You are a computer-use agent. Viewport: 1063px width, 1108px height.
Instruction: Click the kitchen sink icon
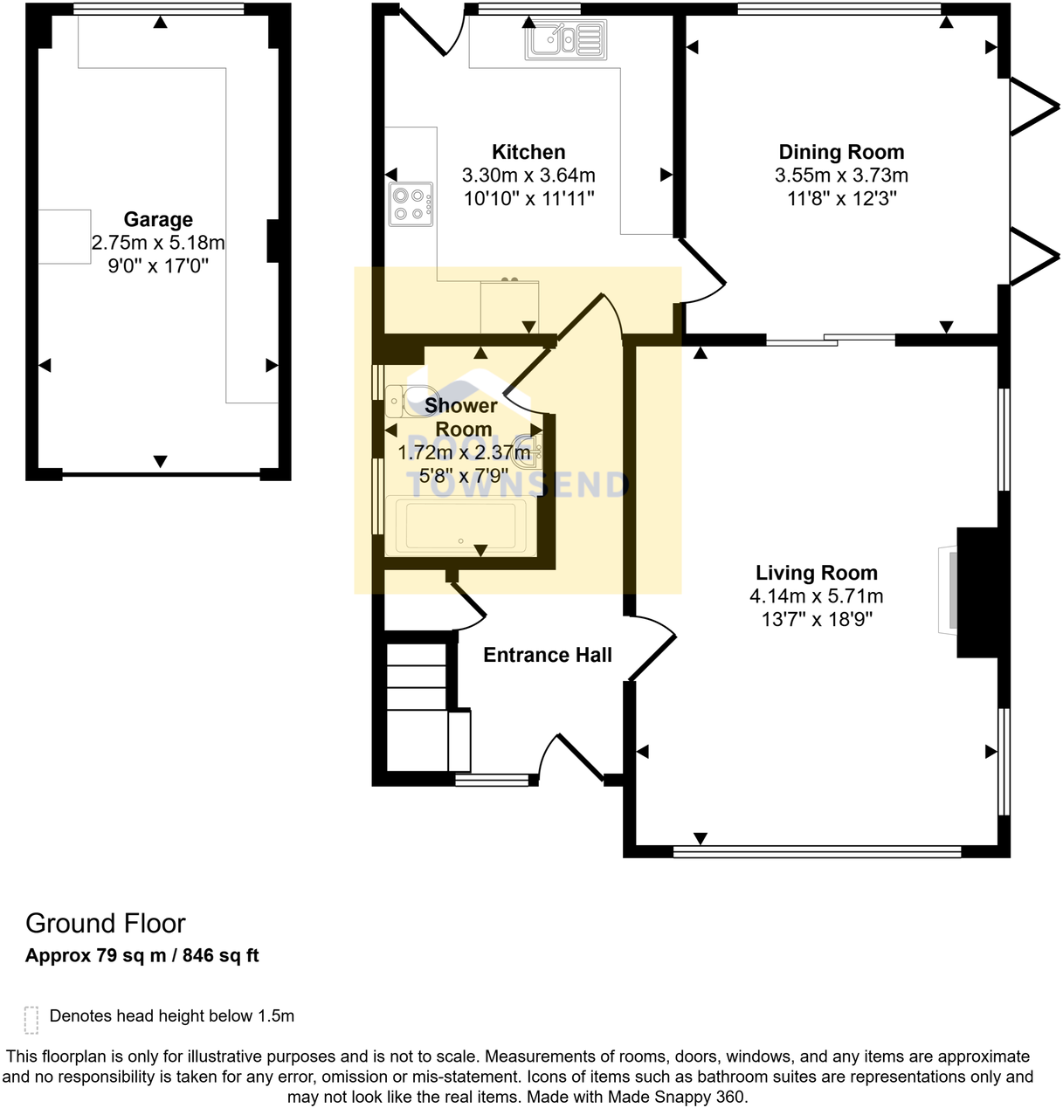click(x=565, y=39)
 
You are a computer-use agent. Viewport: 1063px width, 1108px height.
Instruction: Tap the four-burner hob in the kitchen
click(x=411, y=204)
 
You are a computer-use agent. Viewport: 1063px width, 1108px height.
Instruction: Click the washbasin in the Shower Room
click(x=530, y=448)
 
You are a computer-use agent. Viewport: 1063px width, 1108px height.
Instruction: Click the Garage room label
click(x=158, y=220)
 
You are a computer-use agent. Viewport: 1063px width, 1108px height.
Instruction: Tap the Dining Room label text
click(x=841, y=153)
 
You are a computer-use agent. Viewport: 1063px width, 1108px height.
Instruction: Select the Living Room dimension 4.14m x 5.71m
click(x=816, y=596)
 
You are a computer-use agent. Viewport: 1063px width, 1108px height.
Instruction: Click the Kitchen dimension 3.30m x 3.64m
click(x=528, y=175)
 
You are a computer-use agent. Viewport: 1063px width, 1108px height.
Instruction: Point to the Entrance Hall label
click(x=548, y=655)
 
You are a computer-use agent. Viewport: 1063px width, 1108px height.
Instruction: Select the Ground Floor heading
click(x=106, y=923)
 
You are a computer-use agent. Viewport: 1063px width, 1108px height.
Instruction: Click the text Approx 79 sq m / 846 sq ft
click(x=142, y=955)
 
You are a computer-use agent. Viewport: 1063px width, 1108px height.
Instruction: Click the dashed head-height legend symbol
click(x=31, y=1019)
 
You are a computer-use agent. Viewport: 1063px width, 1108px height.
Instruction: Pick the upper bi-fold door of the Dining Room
click(x=1032, y=107)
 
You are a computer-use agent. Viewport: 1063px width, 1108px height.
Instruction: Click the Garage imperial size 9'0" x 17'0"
click(x=158, y=266)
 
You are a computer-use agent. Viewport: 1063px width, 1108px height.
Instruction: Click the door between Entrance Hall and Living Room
click(x=652, y=647)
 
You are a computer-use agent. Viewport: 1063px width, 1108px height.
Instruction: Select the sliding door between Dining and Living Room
click(x=830, y=341)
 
